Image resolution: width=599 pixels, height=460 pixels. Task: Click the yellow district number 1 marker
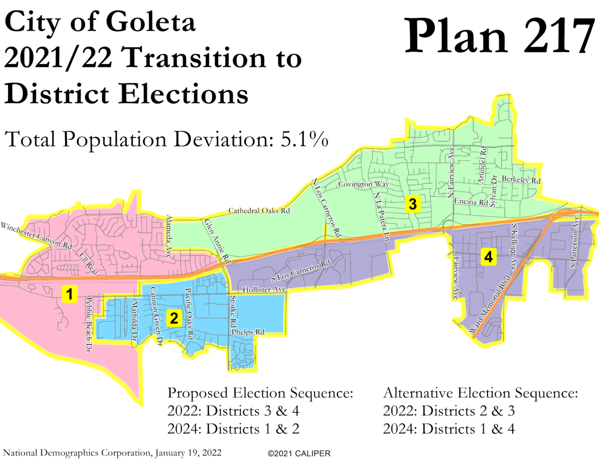point(70,294)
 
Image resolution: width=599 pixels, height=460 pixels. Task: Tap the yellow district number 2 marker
point(174,318)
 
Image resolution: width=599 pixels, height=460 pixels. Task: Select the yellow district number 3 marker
point(412,204)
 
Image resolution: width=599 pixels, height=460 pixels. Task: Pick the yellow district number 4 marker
point(488,257)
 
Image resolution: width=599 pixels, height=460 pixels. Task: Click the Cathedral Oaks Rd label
point(259,211)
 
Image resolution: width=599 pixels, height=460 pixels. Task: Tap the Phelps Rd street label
point(248,332)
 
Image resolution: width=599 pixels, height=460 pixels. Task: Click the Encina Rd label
point(470,202)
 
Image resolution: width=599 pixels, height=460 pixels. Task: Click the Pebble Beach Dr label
point(89,323)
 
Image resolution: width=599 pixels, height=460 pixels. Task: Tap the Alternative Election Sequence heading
point(480,393)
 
